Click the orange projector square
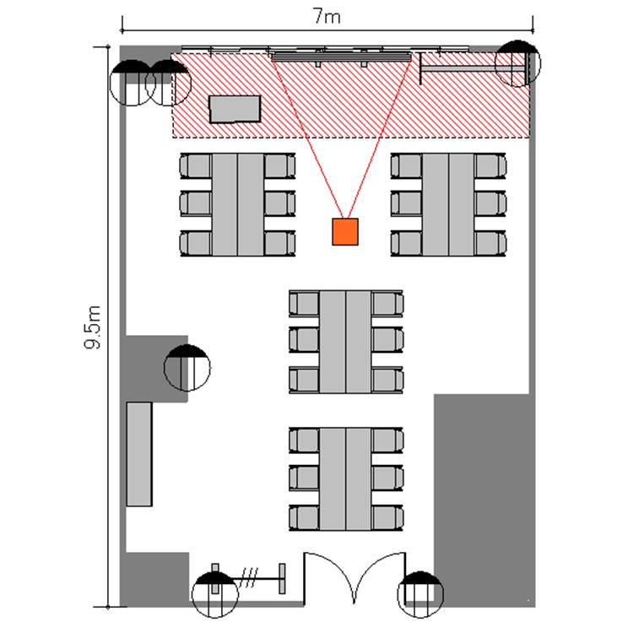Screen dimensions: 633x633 pyautogui.click(x=345, y=232)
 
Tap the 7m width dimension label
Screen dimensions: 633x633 pyautogui.click(x=327, y=17)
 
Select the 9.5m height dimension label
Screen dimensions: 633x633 pyautogui.click(x=93, y=327)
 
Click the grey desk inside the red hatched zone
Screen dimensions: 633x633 pyautogui.click(x=235, y=109)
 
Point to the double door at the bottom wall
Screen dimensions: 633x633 pyautogui.click(x=354, y=578)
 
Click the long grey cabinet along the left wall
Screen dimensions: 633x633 pyautogui.click(x=139, y=454)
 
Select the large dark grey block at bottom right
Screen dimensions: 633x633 pyautogui.click(x=484, y=500)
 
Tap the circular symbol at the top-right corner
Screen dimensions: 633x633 pyautogui.click(x=517, y=63)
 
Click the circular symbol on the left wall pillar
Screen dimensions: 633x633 pyautogui.click(x=187, y=368)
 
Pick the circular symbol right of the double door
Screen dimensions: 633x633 pyautogui.click(x=420, y=595)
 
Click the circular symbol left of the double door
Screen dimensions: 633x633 pyautogui.click(x=214, y=595)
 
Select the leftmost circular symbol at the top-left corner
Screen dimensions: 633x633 pyautogui.click(x=132, y=83)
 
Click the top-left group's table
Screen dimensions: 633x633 pyautogui.click(x=238, y=205)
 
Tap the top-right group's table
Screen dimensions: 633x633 pyautogui.click(x=448, y=205)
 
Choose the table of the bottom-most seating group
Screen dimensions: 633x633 pyautogui.click(x=345, y=479)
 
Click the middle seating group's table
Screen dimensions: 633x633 pyautogui.click(x=345, y=342)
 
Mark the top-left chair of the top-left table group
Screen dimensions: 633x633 pyautogui.click(x=196, y=166)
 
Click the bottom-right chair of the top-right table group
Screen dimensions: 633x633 pyautogui.click(x=490, y=243)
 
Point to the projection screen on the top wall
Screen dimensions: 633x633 pyautogui.click(x=342, y=56)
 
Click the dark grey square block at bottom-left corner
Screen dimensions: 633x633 pyautogui.click(x=155, y=579)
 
